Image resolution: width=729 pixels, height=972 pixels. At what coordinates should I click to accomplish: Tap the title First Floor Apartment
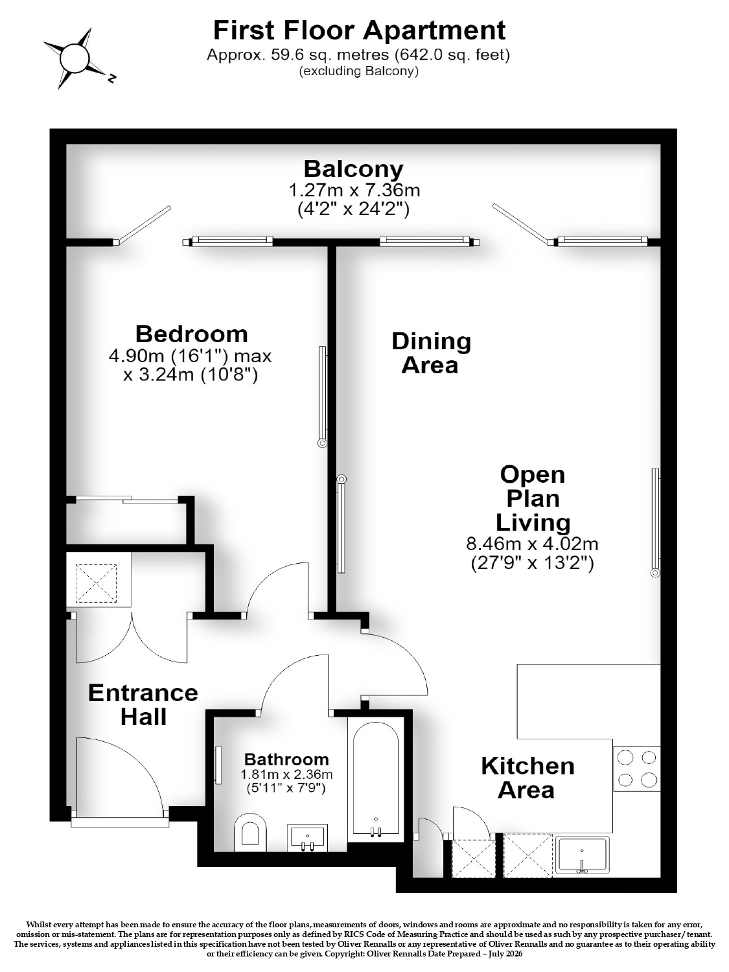pyautogui.click(x=360, y=30)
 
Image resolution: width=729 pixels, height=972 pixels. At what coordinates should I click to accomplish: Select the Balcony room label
pyautogui.click(x=354, y=168)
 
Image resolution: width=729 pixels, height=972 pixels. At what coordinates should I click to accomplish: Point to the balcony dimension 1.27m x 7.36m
pyautogui.click(x=354, y=190)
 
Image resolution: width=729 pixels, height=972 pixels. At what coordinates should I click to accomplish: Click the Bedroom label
pyautogui.click(x=192, y=334)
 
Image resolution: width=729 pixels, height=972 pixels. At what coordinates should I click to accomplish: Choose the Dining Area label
pyautogui.click(x=431, y=353)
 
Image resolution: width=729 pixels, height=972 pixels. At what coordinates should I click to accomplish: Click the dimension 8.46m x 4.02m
pyautogui.click(x=532, y=543)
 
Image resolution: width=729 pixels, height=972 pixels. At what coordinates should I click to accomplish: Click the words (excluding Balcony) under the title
pyautogui.click(x=358, y=71)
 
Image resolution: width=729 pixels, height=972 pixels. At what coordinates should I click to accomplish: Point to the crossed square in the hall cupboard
pyautogui.click(x=97, y=583)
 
